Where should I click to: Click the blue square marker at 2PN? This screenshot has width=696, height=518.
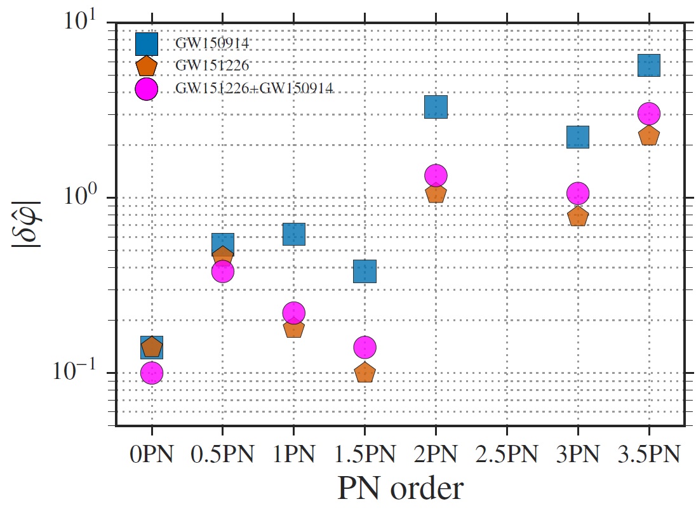click(436, 107)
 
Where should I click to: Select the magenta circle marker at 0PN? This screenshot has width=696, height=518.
click(151, 373)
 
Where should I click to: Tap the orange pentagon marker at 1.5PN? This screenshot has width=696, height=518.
click(365, 373)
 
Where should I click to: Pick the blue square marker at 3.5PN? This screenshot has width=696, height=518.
click(649, 65)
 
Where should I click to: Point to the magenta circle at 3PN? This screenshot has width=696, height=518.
click(578, 193)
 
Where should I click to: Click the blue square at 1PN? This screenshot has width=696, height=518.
click(293, 234)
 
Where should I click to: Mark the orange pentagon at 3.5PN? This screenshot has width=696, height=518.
click(649, 135)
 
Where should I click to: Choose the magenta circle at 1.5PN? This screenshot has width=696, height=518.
click(365, 347)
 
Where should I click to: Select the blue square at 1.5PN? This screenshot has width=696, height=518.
click(365, 271)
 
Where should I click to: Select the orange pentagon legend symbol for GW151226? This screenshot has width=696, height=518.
click(147, 66)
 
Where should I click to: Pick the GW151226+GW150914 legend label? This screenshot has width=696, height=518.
click(255, 89)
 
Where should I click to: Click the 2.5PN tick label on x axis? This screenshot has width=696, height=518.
click(507, 456)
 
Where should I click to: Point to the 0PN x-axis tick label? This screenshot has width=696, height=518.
click(151, 456)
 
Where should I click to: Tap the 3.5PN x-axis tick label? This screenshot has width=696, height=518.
click(649, 456)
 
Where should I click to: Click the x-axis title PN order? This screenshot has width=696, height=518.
click(399, 489)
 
